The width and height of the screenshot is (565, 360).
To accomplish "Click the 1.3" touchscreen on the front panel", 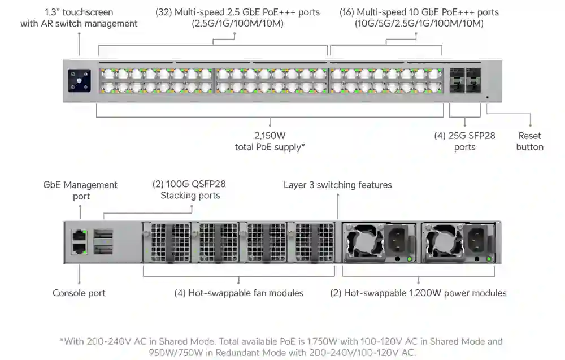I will (x=79, y=80).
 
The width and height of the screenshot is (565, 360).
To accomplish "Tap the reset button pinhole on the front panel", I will (x=488, y=97).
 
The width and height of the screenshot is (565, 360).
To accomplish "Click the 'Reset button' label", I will (x=529, y=141).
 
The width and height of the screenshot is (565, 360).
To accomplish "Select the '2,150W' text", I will (x=270, y=136).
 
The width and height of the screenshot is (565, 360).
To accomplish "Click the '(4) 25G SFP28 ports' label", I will (x=464, y=141).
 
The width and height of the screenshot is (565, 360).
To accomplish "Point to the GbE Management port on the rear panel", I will (x=79, y=235).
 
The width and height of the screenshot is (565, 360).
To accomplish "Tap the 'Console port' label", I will (x=79, y=293).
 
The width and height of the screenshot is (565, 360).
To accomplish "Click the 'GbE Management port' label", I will (x=80, y=190).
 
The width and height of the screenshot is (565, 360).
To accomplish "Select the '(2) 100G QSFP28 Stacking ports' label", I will (x=190, y=190).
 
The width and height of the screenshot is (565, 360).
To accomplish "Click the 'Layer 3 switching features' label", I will (x=337, y=185).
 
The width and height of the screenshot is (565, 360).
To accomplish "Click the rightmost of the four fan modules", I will (x=311, y=242).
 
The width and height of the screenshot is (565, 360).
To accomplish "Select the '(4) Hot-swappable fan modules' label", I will (x=238, y=293).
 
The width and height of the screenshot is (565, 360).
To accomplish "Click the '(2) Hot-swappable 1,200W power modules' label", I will (x=418, y=293).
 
